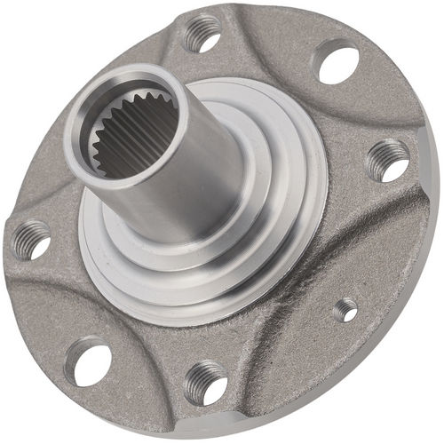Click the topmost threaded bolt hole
[202, 34]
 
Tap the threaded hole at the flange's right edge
[387, 160]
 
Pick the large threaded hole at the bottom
[204, 384]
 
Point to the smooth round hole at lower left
[89, 362]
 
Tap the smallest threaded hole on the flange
[345, 309]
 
